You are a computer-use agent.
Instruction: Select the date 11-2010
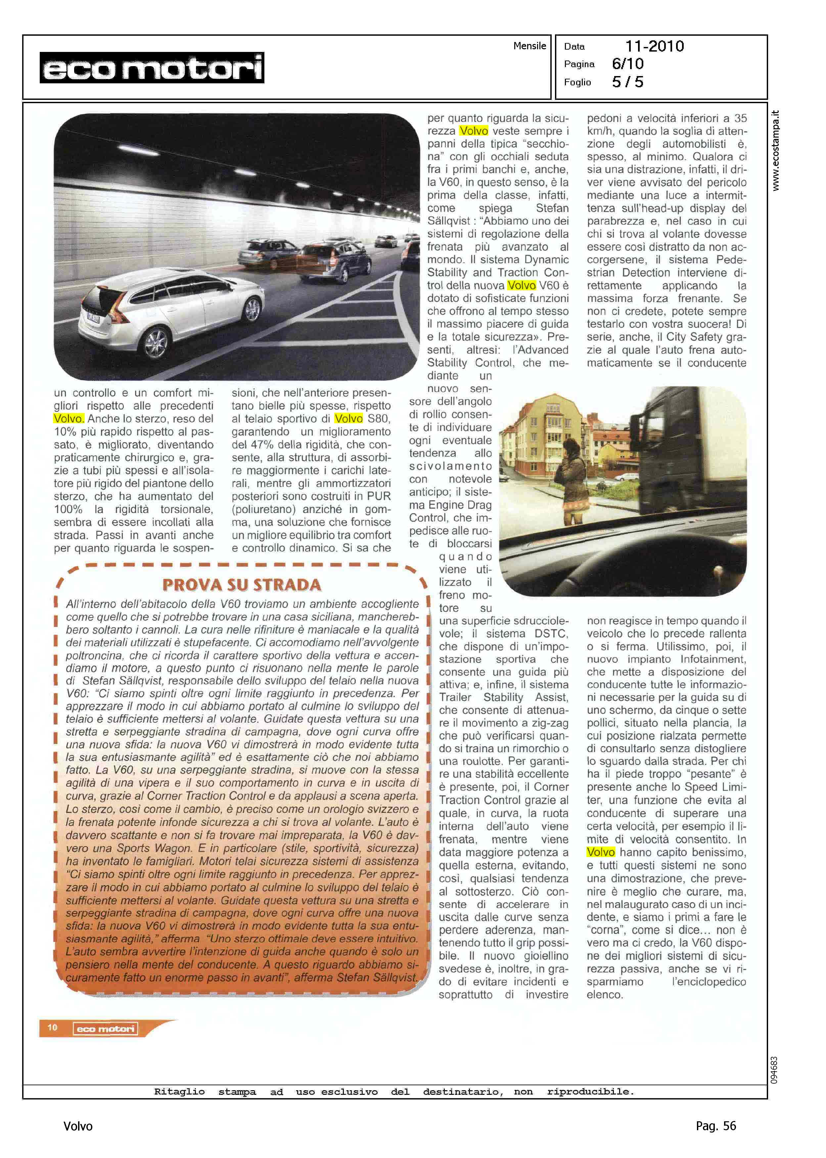[654, 46]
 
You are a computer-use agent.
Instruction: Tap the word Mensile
[529, 46]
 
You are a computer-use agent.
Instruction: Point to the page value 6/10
[628, 64]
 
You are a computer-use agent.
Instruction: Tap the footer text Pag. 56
[715, 1126]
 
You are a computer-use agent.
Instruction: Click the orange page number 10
[52, 1027]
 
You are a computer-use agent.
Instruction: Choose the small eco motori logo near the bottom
[105, 1029]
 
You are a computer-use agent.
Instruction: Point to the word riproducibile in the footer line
[590, 1092]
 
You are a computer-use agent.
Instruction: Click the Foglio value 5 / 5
[628, 82]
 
